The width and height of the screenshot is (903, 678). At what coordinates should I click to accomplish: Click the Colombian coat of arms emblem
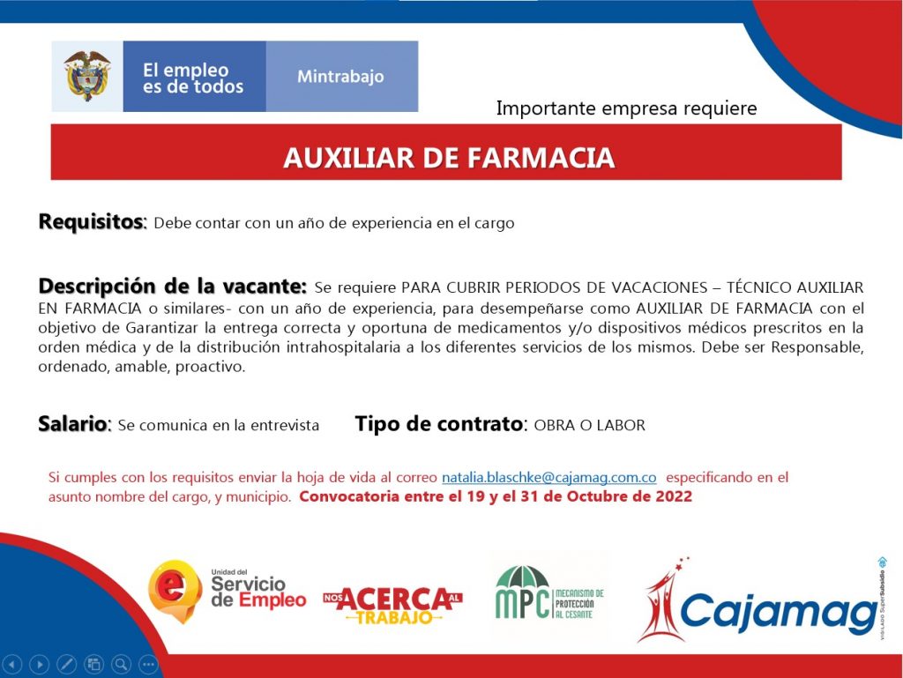coord(87,76)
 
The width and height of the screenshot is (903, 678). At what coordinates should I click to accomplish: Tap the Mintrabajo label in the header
coord(340,77)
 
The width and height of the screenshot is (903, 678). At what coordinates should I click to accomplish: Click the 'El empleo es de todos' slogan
coord(193,78)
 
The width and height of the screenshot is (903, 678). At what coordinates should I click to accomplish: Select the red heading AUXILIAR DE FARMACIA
coord(449,158)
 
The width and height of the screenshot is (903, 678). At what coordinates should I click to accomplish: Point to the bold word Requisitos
coord(91,221)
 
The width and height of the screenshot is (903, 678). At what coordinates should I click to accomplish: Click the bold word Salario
coord(73,424)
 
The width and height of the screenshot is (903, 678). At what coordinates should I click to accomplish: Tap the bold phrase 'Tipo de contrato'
coord(439,424)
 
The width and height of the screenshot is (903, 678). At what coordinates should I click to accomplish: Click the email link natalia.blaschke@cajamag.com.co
coord(549,478)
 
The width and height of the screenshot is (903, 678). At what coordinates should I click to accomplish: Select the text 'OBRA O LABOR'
coord(590,425)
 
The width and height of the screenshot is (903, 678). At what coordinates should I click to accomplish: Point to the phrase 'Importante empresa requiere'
coord(627,108)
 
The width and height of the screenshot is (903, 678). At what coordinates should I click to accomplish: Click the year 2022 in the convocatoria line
coord(673,496)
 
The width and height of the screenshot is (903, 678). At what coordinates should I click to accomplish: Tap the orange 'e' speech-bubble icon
coord(175,591)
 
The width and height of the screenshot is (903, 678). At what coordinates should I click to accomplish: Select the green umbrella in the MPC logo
coord(522,577)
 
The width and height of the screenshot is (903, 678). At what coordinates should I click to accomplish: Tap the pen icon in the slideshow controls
coord(66,664)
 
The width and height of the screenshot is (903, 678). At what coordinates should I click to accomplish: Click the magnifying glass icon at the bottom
coord(121,664)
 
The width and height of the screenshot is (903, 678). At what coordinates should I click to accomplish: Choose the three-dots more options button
coord(148,664)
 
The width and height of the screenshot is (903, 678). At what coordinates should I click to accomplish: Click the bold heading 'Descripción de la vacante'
coord(172,286)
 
